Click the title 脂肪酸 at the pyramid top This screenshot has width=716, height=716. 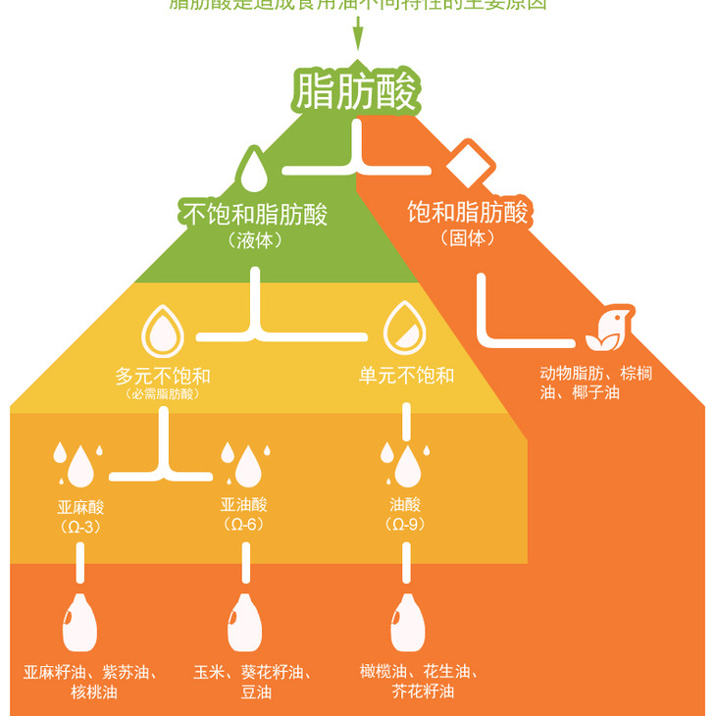pos(357,91)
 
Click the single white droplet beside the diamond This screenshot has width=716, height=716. pos(254,170)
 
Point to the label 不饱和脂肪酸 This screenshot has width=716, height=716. pos(254,213)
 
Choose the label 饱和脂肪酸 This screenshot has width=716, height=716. pos(468,212)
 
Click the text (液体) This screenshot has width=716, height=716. pos(254,239)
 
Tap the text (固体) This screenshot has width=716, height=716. pos(467,238)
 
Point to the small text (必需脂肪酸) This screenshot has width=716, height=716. pos(163,394)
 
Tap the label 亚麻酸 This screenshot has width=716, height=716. pos(80,507)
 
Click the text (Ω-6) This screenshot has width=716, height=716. pos(243,525)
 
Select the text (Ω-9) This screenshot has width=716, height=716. pos(405,525)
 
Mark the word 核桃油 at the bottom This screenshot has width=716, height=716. pos(94,692)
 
